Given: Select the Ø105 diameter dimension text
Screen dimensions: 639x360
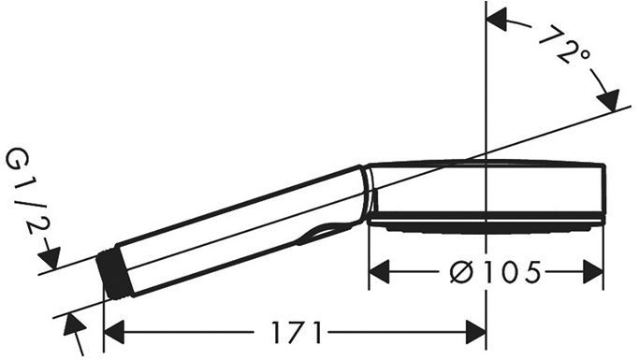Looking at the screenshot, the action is point(496,272).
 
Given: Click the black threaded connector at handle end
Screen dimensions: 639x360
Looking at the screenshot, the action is point(116,275).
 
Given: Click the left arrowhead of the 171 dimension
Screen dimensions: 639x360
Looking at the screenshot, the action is point(114,332).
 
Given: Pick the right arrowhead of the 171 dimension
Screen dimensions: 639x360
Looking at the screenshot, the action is point(475,332).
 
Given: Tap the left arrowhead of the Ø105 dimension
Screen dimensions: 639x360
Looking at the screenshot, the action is point(379,272).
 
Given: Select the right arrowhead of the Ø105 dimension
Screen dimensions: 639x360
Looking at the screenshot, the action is point(593,272).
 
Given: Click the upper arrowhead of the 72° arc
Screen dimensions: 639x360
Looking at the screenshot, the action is point(497,21).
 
